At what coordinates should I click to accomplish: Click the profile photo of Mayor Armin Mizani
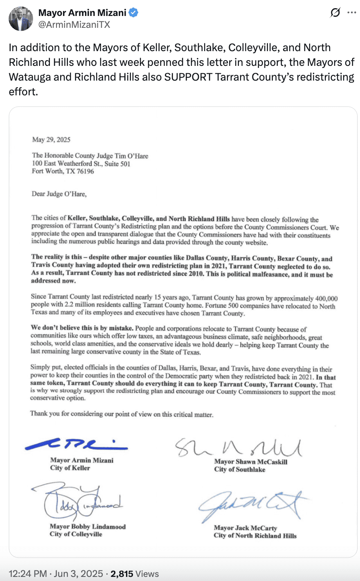pos(20,18)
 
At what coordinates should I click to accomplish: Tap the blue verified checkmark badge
pos(134,13)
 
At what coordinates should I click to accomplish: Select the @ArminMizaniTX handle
pos(74,25)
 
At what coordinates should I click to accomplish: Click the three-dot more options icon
pos(351,13)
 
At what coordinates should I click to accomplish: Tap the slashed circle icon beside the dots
pos(335,13)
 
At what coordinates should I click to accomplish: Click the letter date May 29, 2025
pos(51,140)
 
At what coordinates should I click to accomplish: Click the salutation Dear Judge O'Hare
pos(59,194)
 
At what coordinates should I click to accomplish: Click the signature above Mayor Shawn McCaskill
pos(239,447)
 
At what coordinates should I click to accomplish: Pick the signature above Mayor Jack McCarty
pos(254,507)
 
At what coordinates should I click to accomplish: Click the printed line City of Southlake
pos(239,469)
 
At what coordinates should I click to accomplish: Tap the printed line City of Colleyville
pos(76,534)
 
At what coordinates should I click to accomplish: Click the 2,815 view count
pos(122,574)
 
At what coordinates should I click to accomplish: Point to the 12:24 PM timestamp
pos(28,574)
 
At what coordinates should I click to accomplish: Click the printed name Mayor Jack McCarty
pos(245,528)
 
